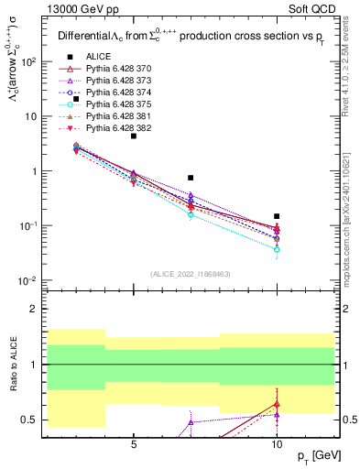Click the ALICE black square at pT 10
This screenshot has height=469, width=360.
click(277, 217)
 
